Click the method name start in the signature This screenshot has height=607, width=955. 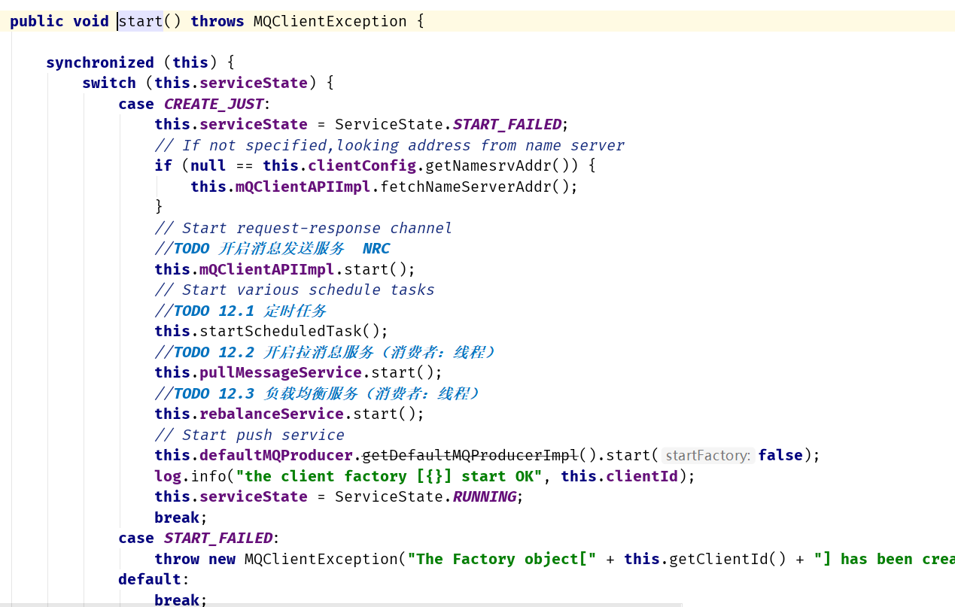coord(141,21)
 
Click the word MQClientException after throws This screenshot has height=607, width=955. coord(330,21)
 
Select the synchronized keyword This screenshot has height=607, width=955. coord(100,62)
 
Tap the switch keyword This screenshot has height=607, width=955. coord(108,83)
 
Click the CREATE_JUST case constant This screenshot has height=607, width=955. coord(214,104)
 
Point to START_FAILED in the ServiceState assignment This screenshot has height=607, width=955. coord(507,124)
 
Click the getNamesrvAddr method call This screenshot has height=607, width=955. coord(488,165)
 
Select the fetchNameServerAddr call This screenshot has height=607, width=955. coord(465,187)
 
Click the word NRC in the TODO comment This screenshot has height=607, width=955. coord(376,248)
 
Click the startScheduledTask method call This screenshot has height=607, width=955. coord(280,331)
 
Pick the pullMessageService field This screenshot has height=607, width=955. coord(281,372)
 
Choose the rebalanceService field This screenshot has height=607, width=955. coord(272,414)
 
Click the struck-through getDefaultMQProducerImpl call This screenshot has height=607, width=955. coord(470,455)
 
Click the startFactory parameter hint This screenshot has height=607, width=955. coord(707,455)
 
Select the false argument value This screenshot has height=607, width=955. coord(780,455)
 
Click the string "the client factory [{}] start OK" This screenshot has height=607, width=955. coord(389,476)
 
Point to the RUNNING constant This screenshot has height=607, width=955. coord(485,496)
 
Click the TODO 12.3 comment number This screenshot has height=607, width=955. coord(236,393)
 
